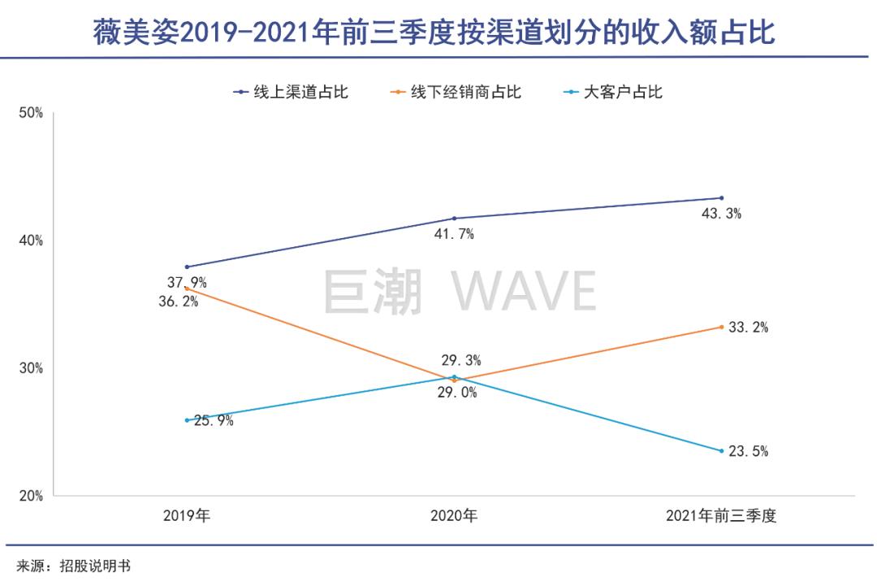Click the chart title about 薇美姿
coord(434,33)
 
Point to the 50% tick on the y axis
coord(31,113)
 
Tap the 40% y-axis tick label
coord(31,241)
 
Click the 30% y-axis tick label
coord(31,368)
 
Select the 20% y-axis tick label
coord(31,496)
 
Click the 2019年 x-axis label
coord(186,516)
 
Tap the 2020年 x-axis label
coord(454,516)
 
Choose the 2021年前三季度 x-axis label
coord(721,516)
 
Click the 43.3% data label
coord(722,215)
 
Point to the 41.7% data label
coord(454,235)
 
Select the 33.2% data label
coord(748,328)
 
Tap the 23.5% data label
coord(748,452)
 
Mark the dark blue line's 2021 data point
coord(721,198)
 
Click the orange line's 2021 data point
coord(721,327)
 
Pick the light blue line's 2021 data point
coord(721,451)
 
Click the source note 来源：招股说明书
coord(73,566)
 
